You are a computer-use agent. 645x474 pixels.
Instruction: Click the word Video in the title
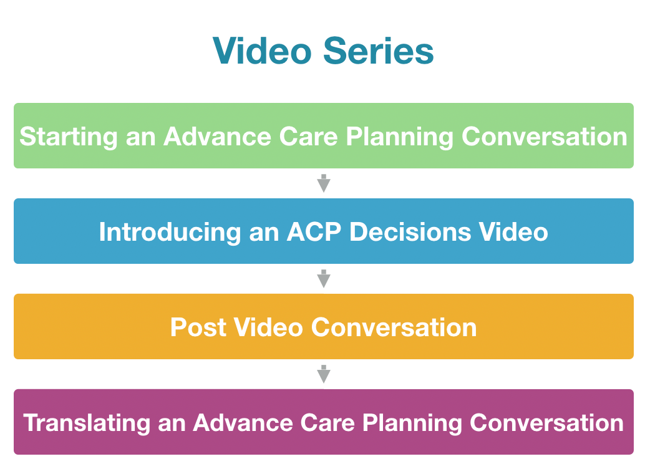pyautogui.click(x=262, y=51)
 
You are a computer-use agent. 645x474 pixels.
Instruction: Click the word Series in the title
pyautogui.click(x=379, y=51)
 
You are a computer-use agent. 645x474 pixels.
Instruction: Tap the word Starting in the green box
pyautogui.click(x=68, y=137)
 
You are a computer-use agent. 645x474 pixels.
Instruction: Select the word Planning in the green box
pyautogui.click(x=399, y=137)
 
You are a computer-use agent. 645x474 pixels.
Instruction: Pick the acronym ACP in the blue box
pyautogui.click(x=314, y=231)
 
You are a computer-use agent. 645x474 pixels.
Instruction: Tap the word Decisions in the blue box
pyautogui.click(x=410, y=231)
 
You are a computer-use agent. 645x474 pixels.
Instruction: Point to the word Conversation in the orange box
pyautogui.click(x=394, y=327)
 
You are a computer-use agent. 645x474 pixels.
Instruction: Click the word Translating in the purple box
pyautogui.click(x=87, y=423)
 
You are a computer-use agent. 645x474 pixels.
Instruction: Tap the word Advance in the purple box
pyautogui.click(x=243, y=423)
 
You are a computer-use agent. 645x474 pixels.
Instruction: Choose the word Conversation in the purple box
pyautogui.click(x=546, y=423)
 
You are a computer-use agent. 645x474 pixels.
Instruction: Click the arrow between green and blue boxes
pyautogui.click(x=324, y=183)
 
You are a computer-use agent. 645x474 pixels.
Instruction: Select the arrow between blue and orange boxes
pyautogui.click(x=324, y=279)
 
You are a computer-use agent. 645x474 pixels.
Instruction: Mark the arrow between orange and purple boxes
pyautogui.click(x=324, y=374)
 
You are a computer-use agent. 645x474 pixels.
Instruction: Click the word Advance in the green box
pyautogui.click(x=217, y=136)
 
